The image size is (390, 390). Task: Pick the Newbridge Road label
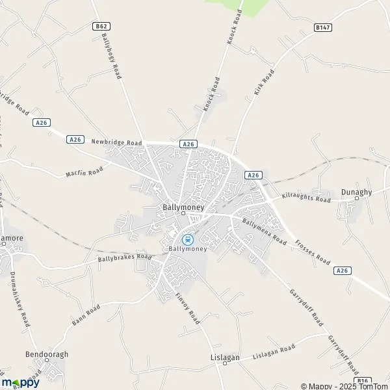[116, 142]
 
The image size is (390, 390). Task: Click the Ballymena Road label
[264, 231]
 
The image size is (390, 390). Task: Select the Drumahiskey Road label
[20, 298]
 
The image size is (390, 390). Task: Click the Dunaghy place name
[357, 184]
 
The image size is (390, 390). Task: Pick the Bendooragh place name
[46, 354]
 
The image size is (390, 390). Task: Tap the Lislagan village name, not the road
[225, 357]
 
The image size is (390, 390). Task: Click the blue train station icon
[187, 239]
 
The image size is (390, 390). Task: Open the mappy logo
[21, 382]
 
